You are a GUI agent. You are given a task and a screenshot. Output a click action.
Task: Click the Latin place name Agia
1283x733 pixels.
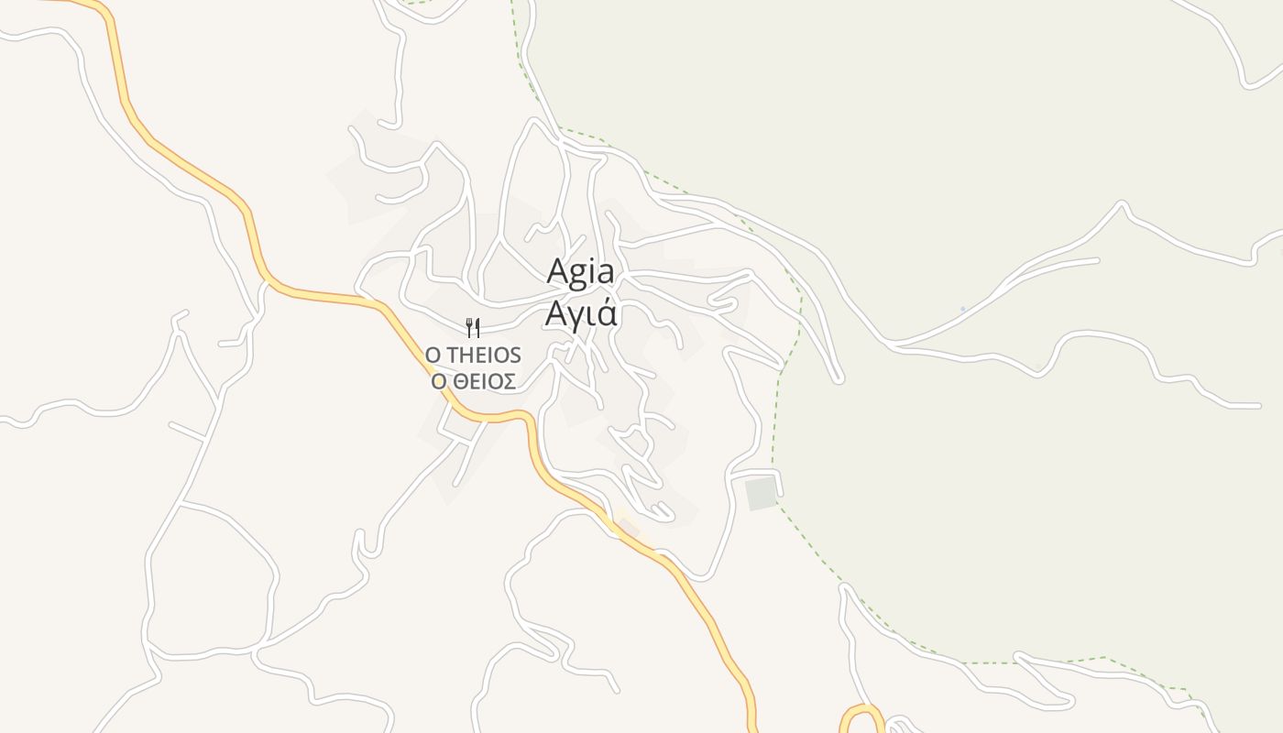pyautogui.click(x=580, y=272)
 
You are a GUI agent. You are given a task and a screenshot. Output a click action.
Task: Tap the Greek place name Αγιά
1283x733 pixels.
pyautogui.click(x=581, y=313)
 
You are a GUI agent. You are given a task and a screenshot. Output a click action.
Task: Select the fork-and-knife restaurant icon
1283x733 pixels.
pyautogui.click(x=473, y=327)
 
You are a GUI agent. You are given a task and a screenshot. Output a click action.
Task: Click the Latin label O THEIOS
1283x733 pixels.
pyautogui.click(x=473, y=355)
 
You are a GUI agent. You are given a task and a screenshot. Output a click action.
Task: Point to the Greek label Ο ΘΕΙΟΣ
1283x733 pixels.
pyautogui.click(x=473, y=381)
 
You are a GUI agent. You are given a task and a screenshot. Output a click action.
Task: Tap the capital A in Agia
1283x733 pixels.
pyautogui.click(x=557, y=272)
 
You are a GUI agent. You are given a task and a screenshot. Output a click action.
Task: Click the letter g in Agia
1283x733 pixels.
pyautogui.click(x=580, y=275)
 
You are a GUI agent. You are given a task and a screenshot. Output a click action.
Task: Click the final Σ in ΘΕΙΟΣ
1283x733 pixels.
pyautogui.click(x=508, y=381)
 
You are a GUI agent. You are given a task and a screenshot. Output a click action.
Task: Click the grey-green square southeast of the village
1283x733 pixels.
pyautogui.click(x=761, y=493)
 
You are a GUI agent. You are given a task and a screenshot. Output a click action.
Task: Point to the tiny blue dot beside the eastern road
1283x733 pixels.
pyautogui.click(x=962, y=309)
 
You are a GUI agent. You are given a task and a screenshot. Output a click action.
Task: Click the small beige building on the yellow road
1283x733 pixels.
pyautogui.click(x=627, y=527)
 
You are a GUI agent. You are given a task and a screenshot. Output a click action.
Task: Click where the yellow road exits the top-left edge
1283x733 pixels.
pyautogui.click(x=55, y=1)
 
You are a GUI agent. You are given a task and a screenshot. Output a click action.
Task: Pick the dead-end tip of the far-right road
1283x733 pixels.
pyautogui.click(x=1257, y=405)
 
